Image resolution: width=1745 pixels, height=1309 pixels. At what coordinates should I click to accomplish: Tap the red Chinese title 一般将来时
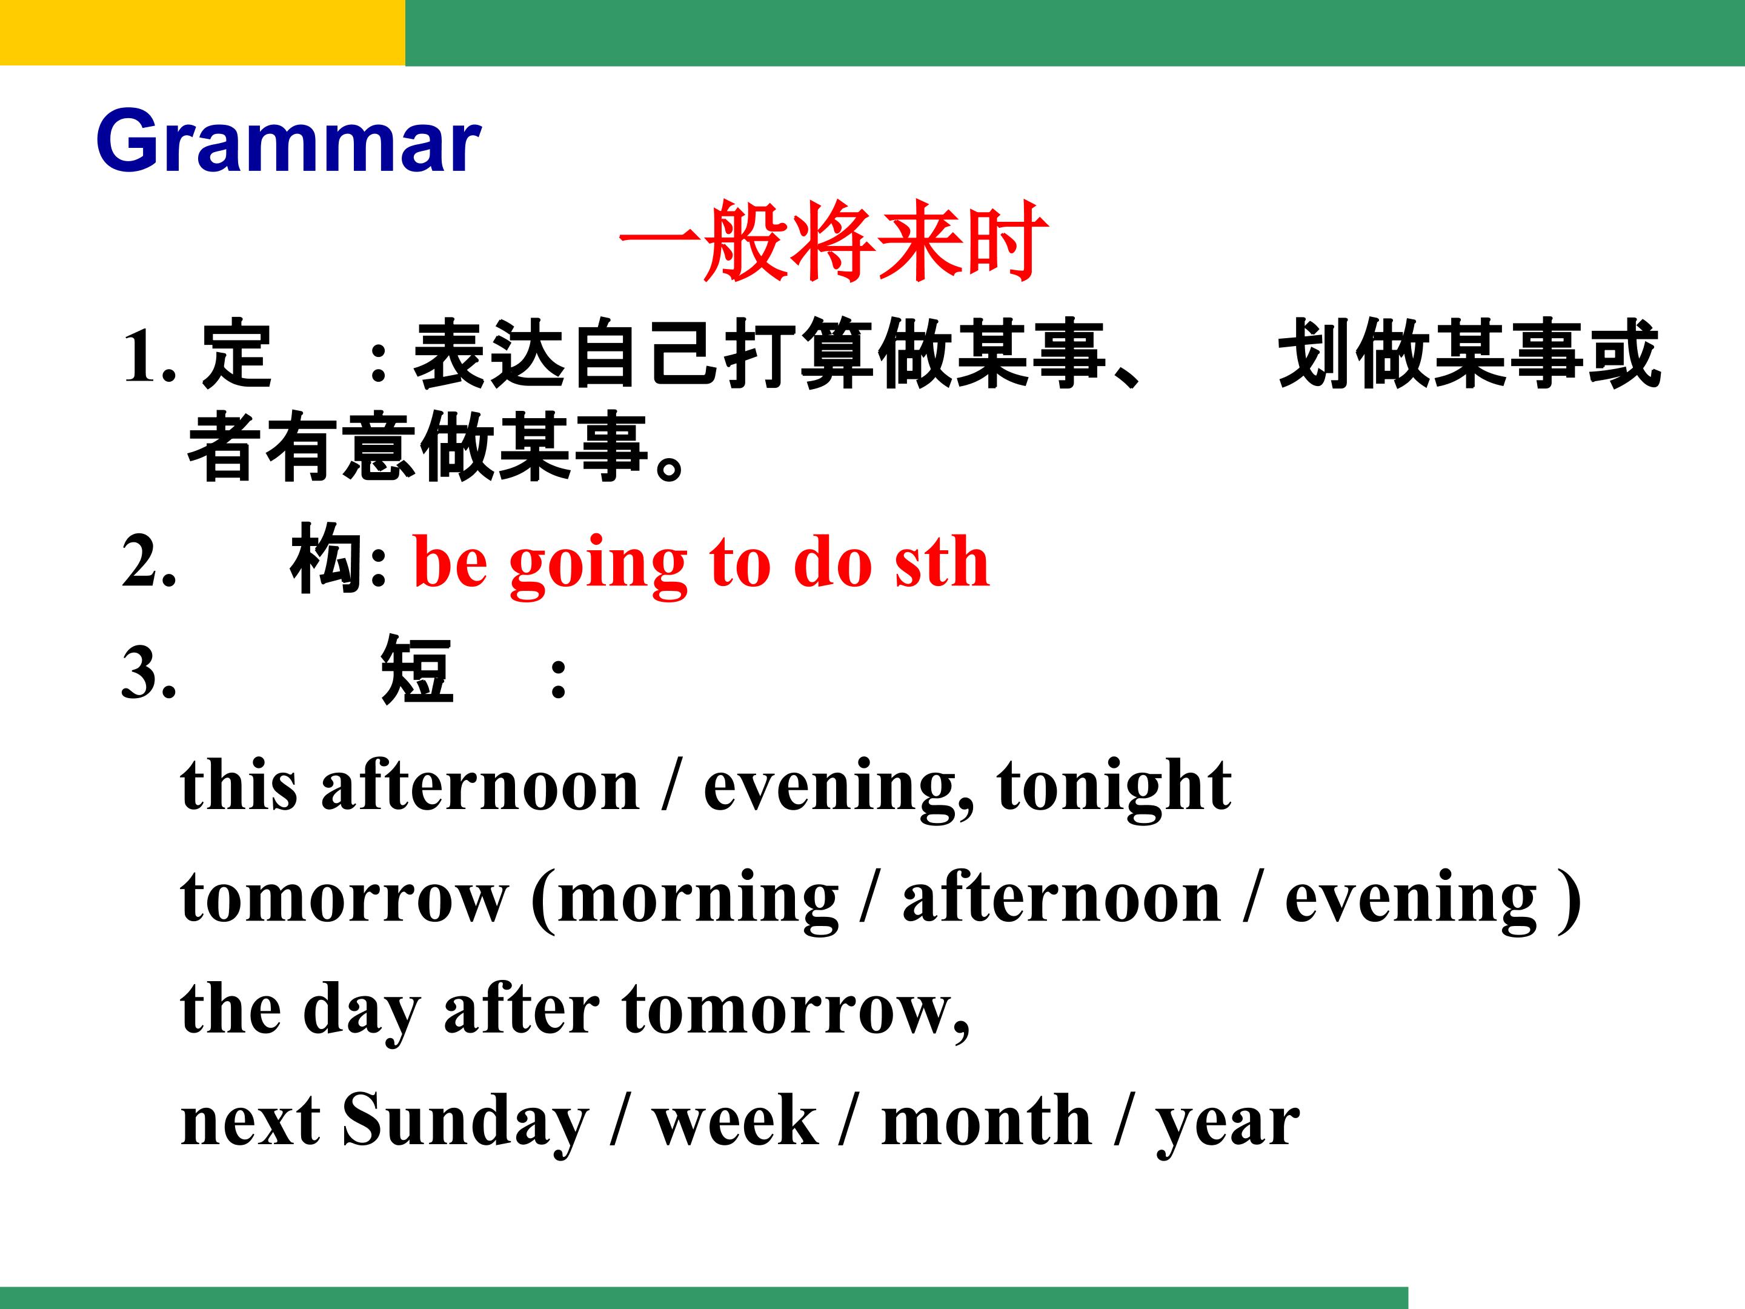tap(834, 241)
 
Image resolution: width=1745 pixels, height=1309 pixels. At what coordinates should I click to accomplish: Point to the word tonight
tap(1114, 787)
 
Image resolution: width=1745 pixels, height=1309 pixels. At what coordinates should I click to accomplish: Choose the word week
tap(734, 1121)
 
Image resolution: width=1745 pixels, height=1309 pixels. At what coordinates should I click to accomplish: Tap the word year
tap(1228, 1127)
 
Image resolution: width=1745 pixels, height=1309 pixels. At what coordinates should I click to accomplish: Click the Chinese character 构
tap(327, 559)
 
